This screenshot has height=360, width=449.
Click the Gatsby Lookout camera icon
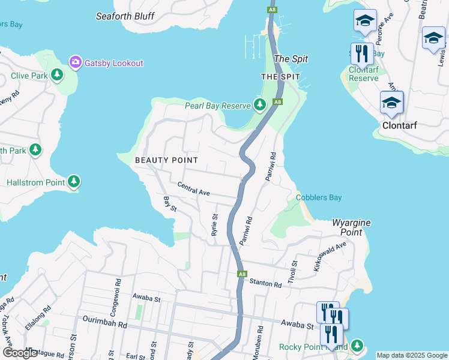(76, 62)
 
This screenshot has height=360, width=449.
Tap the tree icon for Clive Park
(57, 75)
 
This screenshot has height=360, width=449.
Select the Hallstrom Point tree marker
(74, 181)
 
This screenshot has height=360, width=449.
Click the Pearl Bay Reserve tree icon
(260, 105)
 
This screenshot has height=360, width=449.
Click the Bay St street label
(170, 203)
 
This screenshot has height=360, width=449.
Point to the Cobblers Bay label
(319, 197)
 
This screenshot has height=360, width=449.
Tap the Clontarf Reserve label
(364, 74)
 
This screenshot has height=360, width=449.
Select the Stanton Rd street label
(265, 283)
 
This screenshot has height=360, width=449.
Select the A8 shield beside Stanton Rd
(241, 274)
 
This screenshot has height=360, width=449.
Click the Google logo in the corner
(20, 353)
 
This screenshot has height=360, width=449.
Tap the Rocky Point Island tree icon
(357, 346)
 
